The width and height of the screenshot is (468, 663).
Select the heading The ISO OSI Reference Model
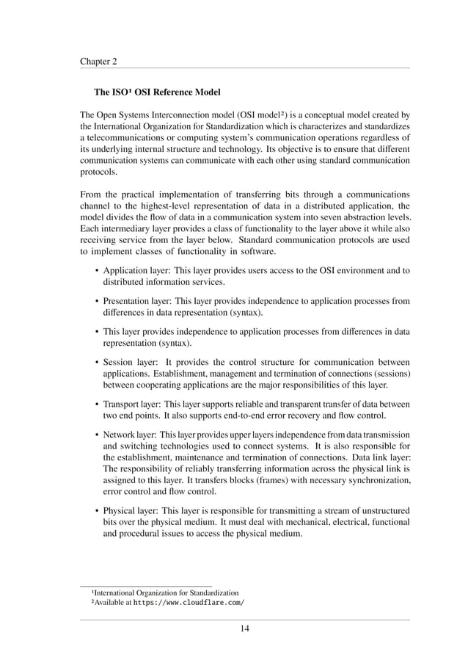click(156, 94)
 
